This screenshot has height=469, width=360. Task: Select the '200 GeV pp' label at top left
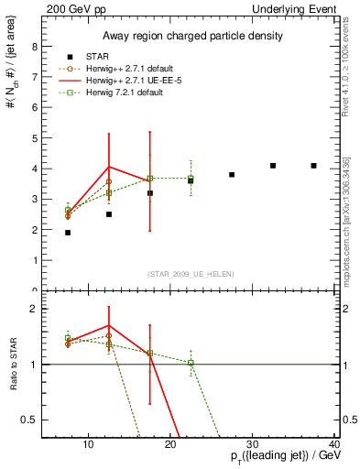click(71, 8)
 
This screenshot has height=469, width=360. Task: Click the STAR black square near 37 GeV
click(314, 166)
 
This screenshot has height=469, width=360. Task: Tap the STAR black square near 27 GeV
click(232, 174)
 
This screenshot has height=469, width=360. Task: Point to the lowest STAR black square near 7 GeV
click(68, 233)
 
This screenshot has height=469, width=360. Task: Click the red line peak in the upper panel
click(109, 168)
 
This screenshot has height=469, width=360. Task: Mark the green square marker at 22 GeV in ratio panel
click(191, 363)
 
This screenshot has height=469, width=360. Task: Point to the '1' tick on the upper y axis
click(35, 260)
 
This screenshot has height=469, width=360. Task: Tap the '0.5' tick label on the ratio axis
click(30, 420)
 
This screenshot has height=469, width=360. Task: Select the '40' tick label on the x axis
click(334, 445)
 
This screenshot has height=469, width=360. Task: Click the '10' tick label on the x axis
click(88, 445)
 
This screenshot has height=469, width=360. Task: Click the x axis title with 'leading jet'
click(276, 459)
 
